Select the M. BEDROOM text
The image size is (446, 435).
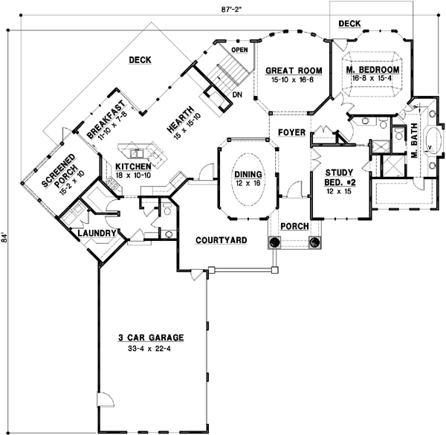(373, 70)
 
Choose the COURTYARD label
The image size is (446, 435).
(222, 240)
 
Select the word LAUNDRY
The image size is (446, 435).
(93, 234)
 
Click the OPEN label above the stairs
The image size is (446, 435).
(239, 50)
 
